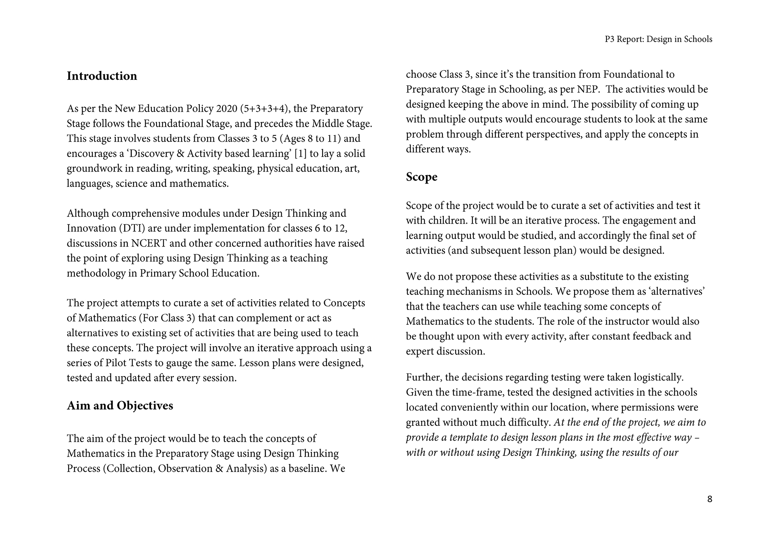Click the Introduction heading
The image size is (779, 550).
(102, 76)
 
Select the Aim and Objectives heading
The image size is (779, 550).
(120, 406)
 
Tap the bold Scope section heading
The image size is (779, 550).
(421, 177)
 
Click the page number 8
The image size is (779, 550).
(710, 499)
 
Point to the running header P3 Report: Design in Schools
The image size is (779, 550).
(659, 39)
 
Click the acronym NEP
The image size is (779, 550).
(589, 89)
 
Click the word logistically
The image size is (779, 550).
(658, 377)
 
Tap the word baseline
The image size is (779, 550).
(307, 469)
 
